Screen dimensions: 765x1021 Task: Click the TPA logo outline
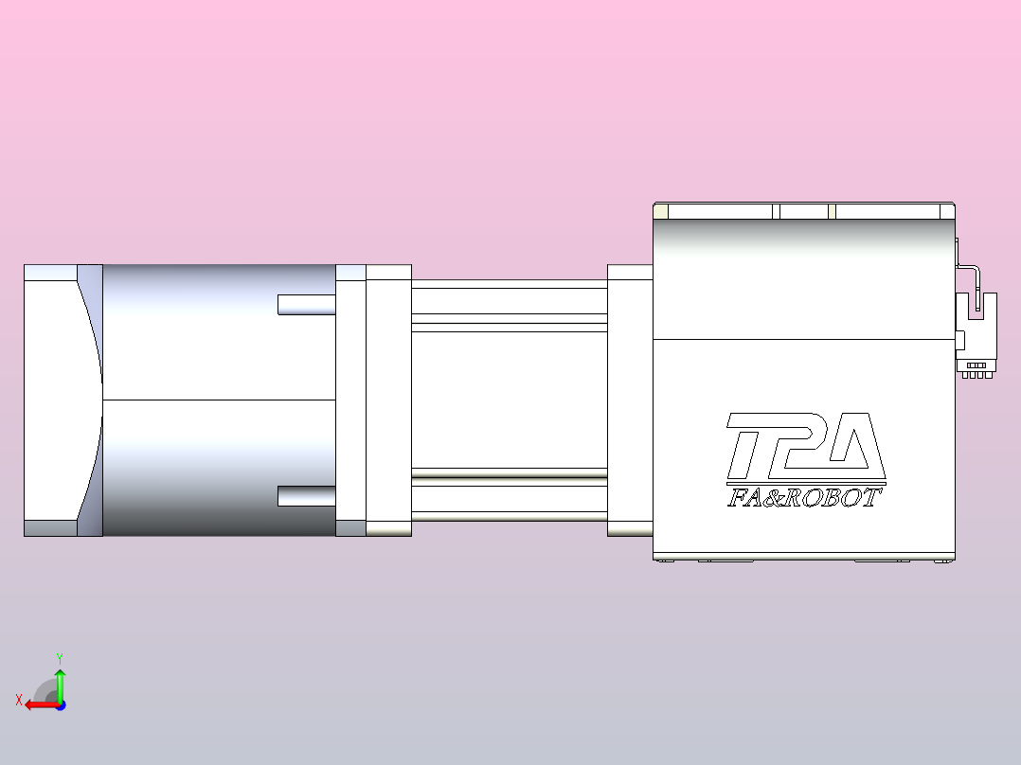805,447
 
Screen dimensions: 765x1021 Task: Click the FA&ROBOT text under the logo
804,498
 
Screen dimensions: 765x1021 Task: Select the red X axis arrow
39,704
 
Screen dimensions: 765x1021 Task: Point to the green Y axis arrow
60,684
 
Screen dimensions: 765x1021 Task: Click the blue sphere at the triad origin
60,704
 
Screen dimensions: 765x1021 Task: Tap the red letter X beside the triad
19,700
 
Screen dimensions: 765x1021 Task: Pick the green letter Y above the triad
60,657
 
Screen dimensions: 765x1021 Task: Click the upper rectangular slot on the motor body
306,305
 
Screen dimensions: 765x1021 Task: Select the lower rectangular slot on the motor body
306,496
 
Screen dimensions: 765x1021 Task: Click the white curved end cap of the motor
57,400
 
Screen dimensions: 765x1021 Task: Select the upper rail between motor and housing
509,301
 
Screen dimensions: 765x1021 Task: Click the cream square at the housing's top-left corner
661,211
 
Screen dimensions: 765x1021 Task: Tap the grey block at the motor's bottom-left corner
50,528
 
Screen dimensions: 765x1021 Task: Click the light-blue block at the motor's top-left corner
50,273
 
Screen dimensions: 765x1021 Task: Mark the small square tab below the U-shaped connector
959,340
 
